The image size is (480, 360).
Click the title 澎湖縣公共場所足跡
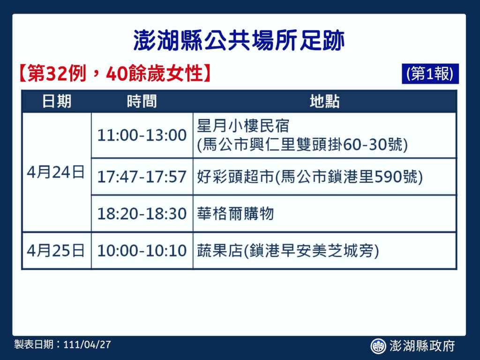[239, 40]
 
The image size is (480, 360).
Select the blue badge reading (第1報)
[430, 74]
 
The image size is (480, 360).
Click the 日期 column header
[57, 101]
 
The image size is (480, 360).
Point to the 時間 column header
[142, 101]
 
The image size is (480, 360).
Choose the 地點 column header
[324, 101]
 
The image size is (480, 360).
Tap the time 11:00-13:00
[142, 135]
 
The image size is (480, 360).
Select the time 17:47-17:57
[142, 177]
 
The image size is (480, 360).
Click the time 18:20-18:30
[142, 213]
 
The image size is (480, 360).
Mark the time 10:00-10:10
[142, 250]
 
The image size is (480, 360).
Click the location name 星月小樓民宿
[243, 126]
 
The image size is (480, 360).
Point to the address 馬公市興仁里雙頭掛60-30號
[302, 145]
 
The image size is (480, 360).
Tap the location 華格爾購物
[235, 213]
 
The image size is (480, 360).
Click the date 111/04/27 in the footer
[87, 345]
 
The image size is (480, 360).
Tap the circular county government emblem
[378, 346]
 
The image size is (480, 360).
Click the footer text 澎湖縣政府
[422, 346]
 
